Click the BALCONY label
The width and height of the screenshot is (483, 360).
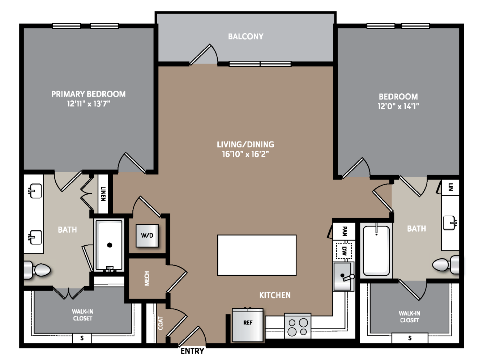click(x=245, y=37)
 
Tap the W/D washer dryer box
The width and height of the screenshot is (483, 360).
click(x=147, y=236)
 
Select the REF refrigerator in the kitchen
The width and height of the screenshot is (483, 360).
click(x=248, y=325)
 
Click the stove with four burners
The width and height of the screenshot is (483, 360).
click(x=298, y=326)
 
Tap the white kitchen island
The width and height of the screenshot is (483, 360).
click(x=257, y=255)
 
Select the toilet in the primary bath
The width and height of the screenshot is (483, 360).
click(x=37, y=270)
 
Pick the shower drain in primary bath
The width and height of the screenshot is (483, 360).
click(x=110, y=245)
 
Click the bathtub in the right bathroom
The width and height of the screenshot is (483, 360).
click(x=376, y=251)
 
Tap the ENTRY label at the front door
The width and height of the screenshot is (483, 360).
click(x=192, y=351)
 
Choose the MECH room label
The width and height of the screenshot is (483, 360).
click(x=147, y=278)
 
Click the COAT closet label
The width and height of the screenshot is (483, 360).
click(x=161, y=323)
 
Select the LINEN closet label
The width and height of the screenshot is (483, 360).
click(x=103, y=194)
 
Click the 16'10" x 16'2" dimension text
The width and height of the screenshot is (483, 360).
click(x=245, y=154)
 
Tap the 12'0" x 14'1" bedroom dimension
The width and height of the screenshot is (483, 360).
click(x=398, y=106)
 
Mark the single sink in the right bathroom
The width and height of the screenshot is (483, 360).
click(x=449, y=223)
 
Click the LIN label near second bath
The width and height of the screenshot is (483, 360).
click(x=450, y=187)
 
